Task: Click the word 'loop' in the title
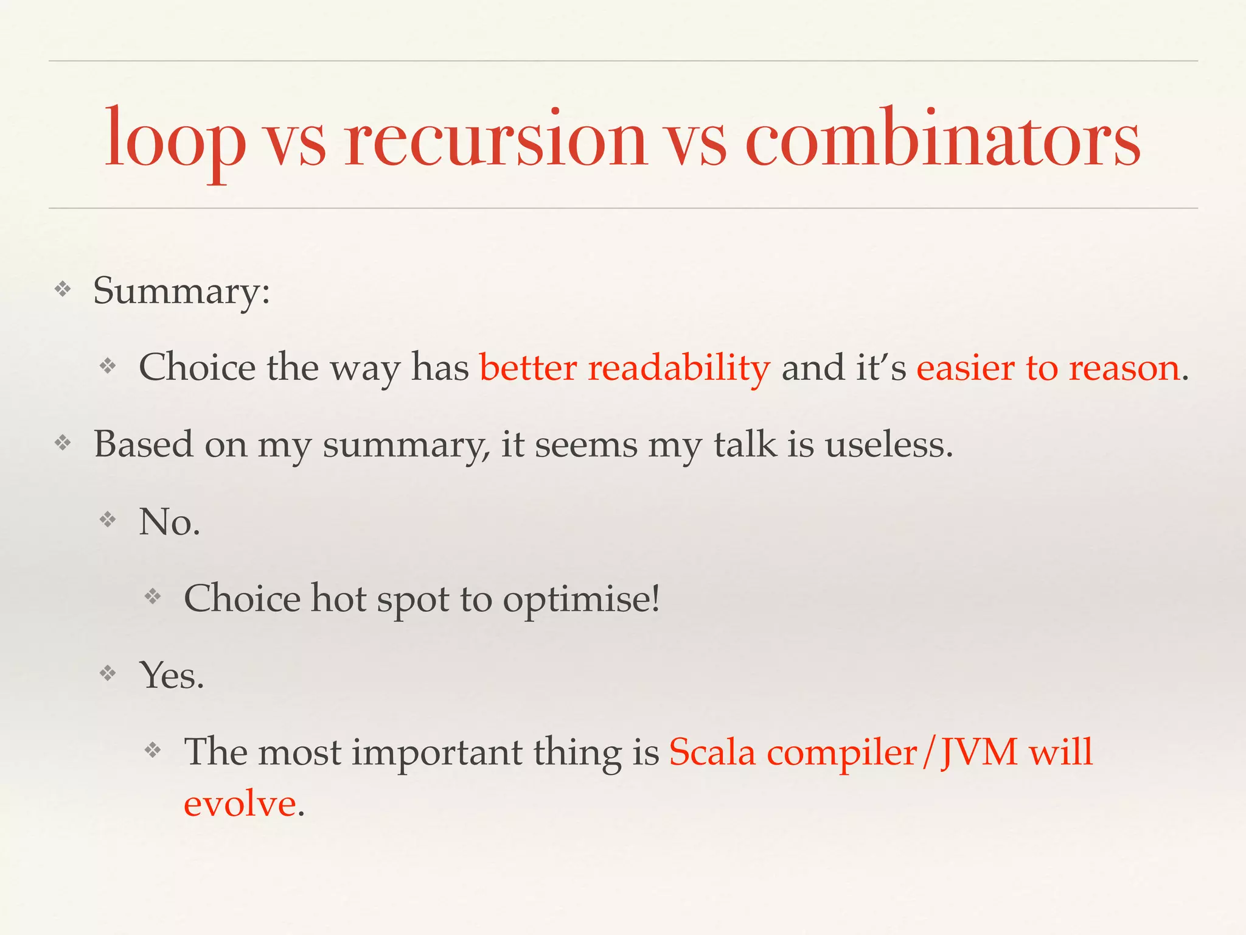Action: pyautogui.click(x=175, y=139)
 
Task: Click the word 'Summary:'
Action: pyautogui.click(x=181, y=291)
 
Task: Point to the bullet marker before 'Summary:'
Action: pyautogui.click(x=63, y=289)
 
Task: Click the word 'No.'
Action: pyautogui.click(x=169, y=522)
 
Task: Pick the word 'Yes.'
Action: pyautogui.click(x=172, y=676)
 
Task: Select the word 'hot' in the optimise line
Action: pyautogui.click(x=338, y=598)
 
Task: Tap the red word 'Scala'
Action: pyautogui.click(x=712, y=752)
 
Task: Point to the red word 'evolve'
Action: pyautogui.click(x=240, y=804)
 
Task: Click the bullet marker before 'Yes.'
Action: pyautogui.click(x=108, y=673)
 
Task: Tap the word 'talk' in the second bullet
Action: pyautogui.click(x=745, y=444)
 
